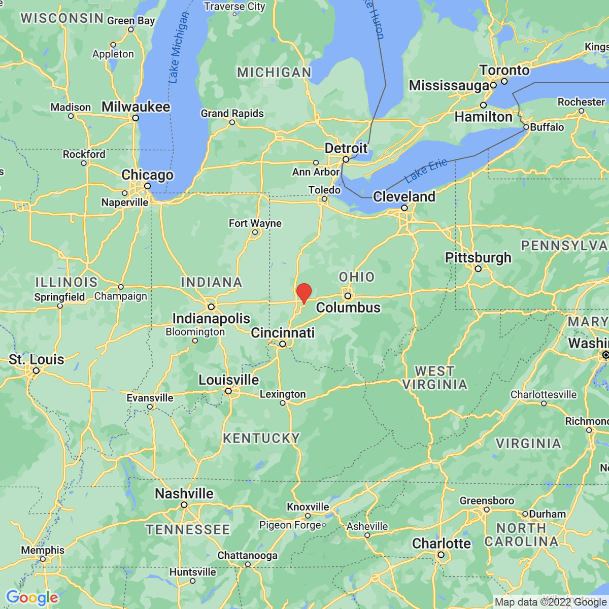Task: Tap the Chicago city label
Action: click(147, 175)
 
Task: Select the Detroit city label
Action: click(346, 148)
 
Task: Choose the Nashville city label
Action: click(184, 493)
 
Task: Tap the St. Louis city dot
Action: click(36, 371)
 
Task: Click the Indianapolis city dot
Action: click(211, 307)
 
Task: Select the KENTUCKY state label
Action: click(261, 438)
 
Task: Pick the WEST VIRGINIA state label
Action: click(434, 378)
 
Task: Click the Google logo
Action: click(32, 597)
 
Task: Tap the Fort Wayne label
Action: click(255, 223)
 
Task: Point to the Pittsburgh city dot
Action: click(478, 268)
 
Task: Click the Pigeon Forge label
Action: click(290, 525)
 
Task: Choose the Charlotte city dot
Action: click(441, 555)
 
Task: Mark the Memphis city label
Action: click(43, 550)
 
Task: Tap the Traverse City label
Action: click(234, 7)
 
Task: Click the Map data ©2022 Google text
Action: click(550, 602)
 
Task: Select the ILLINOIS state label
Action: click(66, 282)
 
